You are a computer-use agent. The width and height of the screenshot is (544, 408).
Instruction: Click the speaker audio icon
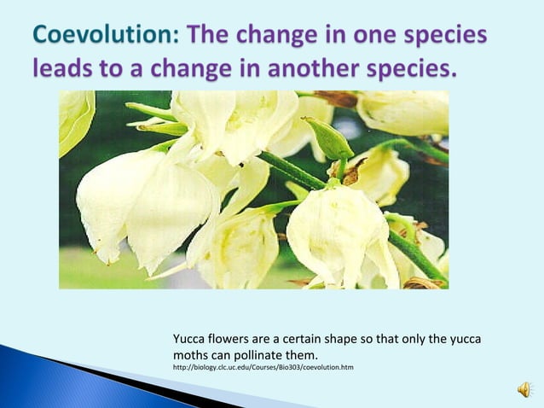click(524, 389)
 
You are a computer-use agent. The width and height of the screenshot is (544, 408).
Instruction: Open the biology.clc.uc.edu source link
click(263, 368)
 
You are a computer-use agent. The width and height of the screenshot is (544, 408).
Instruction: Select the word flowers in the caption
click(232, 340)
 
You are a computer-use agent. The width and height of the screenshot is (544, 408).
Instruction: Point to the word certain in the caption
click(305, 340)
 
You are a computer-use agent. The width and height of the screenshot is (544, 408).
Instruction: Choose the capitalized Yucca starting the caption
click(190, 340)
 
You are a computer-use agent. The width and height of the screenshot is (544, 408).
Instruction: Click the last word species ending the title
click(409, 68)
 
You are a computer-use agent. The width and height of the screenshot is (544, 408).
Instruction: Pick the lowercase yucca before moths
click(464, 340)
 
